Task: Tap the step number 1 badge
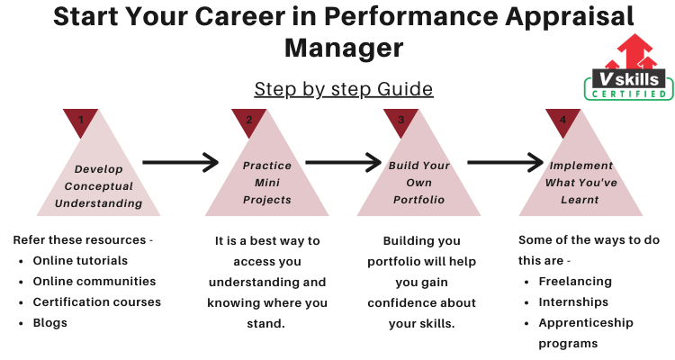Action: tap(80, 121)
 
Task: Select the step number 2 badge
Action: tap(248, 121)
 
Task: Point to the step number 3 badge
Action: tap(400, 121)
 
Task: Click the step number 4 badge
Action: tap(562, 121)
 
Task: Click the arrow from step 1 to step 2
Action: tap(180, 162)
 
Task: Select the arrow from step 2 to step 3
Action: tap(343, 162)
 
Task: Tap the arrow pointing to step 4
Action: tap(506, 162)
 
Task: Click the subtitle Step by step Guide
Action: tap(344, 90)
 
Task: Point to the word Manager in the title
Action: tap(344, 48)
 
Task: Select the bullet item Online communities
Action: tap(94, 281)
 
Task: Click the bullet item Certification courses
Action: tap(97, 301)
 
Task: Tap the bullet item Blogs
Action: tap(49, 323)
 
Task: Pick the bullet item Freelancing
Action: tap(575, 282)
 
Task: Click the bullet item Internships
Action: tap(573, 302)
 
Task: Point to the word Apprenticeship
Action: tap(586, 323)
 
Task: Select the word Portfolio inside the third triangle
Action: tap(418, 200)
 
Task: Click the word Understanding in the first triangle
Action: tap(99, 203)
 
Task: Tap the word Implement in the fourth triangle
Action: tap(581, 166)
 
